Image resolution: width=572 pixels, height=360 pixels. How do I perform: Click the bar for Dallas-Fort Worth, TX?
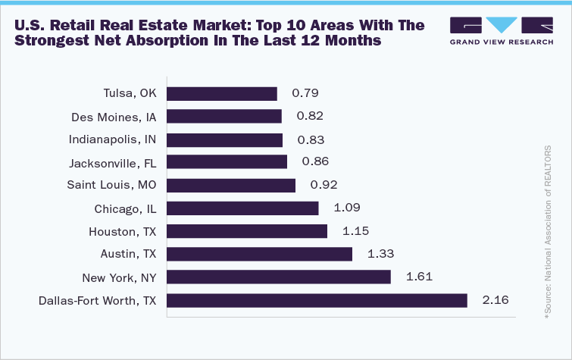coord(317,301)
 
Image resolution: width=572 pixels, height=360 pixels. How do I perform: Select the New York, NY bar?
coord(278,277)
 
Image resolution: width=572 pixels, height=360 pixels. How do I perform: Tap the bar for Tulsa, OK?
coord(221,94)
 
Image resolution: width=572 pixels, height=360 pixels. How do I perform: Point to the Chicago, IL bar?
coord(242,208)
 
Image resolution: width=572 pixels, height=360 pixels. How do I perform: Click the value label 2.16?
coord(494,301)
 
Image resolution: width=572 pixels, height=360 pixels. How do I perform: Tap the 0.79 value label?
coord(305,94)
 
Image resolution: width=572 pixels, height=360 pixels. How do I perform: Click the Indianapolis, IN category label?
coord(111,139)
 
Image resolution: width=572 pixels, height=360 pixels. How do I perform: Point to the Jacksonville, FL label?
coord(112,163)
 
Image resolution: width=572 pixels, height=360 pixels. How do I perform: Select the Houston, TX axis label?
coord(123,231)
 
